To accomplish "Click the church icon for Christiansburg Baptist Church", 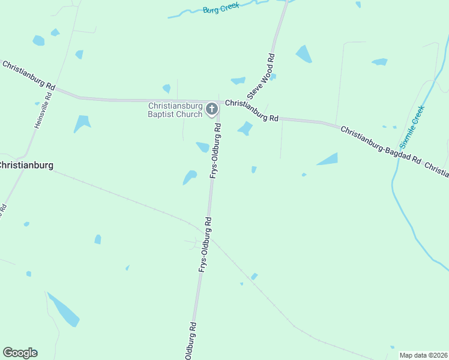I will coord(211,109).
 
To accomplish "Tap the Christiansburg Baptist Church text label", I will coord(176,110).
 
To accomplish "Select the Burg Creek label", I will coord(221,8).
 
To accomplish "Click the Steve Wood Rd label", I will coord(262,76).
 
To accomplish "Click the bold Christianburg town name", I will coord(25,165).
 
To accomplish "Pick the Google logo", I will coord(20,353).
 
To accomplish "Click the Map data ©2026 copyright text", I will coord(423,355).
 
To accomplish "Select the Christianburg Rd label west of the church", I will coord(28,75).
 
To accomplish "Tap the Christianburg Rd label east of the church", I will coord(252,110).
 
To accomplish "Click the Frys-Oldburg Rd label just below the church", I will coord(215,150).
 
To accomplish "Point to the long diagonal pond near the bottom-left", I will coord(64,310).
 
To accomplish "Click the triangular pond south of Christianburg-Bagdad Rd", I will coord(328,159).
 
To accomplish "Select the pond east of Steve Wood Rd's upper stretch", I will coord(304,54).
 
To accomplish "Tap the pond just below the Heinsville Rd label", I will coord(81,124).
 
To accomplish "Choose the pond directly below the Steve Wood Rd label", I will coord(244,128).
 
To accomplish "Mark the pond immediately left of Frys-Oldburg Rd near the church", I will coord(203,147).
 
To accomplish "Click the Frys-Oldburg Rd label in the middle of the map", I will coord(205,245).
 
